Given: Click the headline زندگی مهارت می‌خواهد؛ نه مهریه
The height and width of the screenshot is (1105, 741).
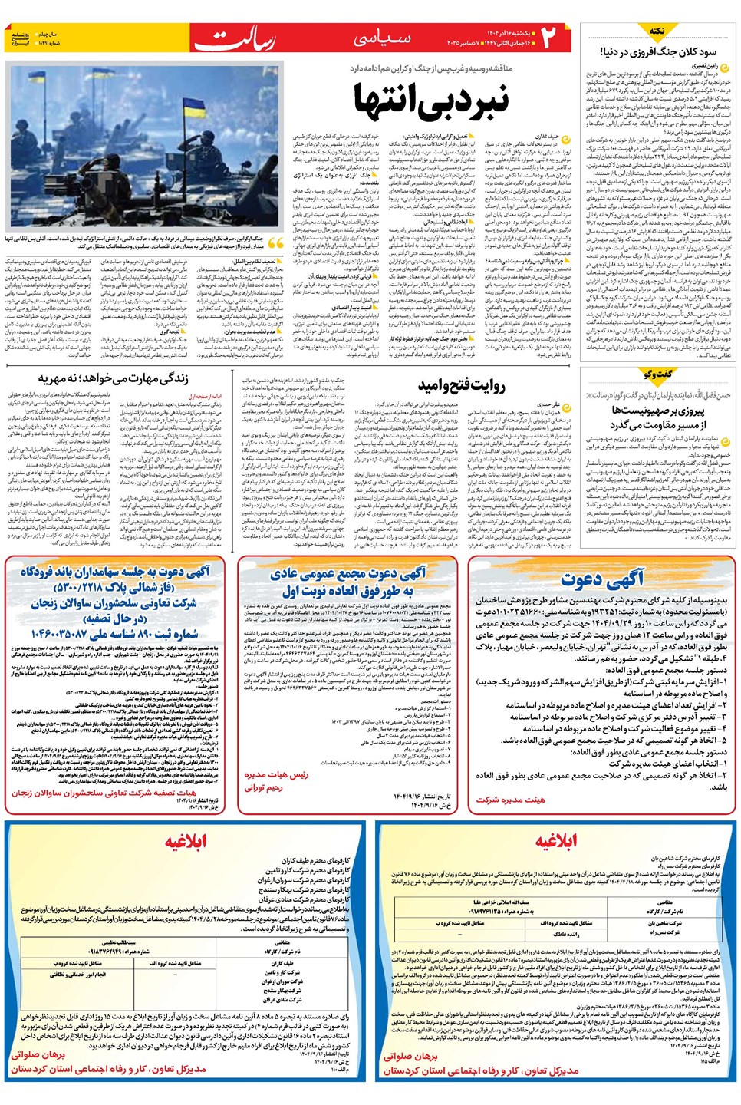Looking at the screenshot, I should (113, 378).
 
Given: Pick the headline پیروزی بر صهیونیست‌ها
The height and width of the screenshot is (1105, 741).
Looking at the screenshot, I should (657, 411).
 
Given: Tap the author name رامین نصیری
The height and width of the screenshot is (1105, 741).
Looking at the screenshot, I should (704, 67).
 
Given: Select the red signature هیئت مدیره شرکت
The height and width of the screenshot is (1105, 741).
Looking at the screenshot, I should (510, 800).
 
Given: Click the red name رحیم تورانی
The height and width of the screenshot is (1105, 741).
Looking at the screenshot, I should (263, 787).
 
